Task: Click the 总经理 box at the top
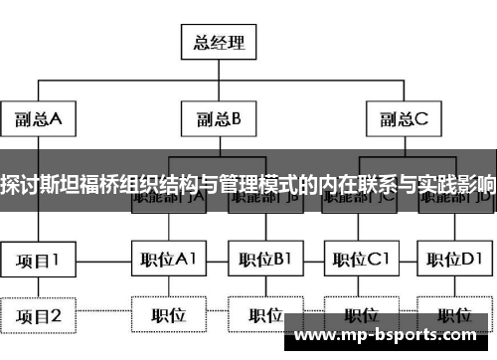[218, 44]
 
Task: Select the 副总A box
[38, 119]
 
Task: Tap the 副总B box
[218, 119]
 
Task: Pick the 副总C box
[403, 119]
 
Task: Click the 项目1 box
[38, 261]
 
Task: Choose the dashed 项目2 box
[38, 315]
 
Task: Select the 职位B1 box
[264, 261]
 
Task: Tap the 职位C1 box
[359, 261]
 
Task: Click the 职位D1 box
[454, 261]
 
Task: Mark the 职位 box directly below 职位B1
[264, 315]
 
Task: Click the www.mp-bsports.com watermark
[390, 337]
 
